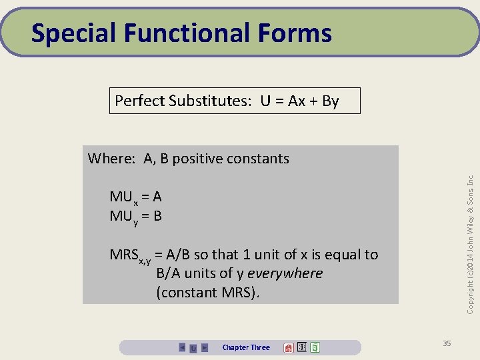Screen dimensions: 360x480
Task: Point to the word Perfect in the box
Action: [x=139, y=101]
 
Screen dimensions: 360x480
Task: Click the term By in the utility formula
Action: [x=330, y=101]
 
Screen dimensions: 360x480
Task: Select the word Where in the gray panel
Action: [x=111, y=159]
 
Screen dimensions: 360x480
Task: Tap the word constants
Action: [x=257, y=159]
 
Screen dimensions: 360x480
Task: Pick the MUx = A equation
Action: [x=136, y=197]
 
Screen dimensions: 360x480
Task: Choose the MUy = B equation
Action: [x=136, y=216]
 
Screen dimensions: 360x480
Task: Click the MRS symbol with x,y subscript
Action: [x=130, y=255]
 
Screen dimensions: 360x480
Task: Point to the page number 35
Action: [x=447, y=343]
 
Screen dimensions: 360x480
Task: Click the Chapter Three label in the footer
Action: [x=246, y=347]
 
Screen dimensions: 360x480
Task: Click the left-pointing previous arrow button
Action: [x=182, y=347]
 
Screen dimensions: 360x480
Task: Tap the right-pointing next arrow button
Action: [x=205, y=347]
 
